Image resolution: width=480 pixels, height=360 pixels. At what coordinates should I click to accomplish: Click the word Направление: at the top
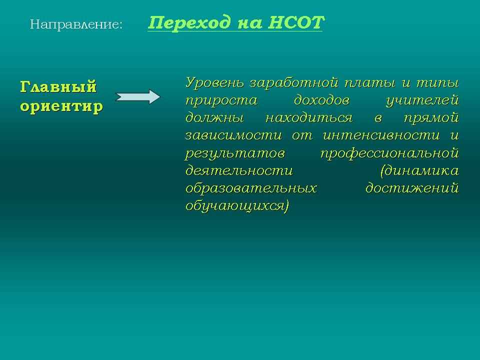[76, 24]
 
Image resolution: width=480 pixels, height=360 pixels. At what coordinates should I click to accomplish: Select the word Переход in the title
[189, 22]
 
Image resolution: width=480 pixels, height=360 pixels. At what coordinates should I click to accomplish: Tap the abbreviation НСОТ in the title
[295, 22]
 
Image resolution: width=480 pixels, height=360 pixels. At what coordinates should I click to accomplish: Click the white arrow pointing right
[137, 96]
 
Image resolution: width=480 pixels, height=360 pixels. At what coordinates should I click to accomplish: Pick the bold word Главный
[58, 87]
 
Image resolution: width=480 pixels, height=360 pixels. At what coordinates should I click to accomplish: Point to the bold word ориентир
[61, 106]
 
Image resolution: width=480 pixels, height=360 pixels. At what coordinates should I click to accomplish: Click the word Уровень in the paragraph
[215, 83]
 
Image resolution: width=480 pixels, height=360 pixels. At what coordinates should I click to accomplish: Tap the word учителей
[422, 100]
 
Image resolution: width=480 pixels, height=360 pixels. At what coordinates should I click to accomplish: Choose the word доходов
[321, 100]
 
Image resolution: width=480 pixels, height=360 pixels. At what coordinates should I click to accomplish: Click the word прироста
[221, 100]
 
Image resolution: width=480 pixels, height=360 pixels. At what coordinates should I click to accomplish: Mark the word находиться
[309, 118]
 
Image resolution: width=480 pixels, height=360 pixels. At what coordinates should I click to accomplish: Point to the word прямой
[431, 118]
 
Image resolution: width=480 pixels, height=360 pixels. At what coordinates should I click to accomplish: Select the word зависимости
[233, 135]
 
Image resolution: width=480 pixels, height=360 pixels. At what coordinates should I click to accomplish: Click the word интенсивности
[381, 135]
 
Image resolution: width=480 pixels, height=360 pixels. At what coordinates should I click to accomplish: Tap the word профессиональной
[389, 153]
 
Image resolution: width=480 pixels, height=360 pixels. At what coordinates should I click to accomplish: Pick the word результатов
[235, 153]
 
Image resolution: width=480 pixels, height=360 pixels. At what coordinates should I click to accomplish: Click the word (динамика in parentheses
[419, 170]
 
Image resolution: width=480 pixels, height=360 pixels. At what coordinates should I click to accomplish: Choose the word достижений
[412, 188]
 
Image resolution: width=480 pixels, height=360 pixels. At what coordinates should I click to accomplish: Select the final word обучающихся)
[237, 205]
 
